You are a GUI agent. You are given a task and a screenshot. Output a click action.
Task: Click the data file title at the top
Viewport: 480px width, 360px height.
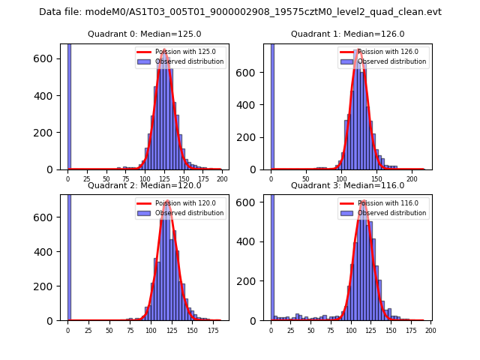click(x=240, y=12)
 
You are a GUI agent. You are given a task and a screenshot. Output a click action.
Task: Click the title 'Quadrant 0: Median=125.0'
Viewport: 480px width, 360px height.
click(x=144, y=34)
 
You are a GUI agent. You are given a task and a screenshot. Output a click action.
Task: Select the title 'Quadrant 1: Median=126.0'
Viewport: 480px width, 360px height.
click(x=347, y=34)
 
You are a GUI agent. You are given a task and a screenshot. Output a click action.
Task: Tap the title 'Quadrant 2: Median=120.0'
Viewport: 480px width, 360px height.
click(x=144, y=185)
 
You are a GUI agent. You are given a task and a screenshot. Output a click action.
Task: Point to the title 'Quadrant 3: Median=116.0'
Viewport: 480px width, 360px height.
click(x=347, y=185)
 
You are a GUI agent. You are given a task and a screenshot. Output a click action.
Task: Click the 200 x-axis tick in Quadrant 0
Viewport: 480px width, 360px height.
click(x=222, y=180)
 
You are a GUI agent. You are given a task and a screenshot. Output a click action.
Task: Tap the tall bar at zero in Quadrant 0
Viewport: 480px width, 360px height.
click(x=69, y=105)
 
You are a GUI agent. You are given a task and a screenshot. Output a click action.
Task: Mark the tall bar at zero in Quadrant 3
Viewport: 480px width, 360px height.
click(x=272, y=255)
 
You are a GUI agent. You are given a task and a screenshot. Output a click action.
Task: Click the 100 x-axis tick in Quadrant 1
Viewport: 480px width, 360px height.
click(x=342, y=180)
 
